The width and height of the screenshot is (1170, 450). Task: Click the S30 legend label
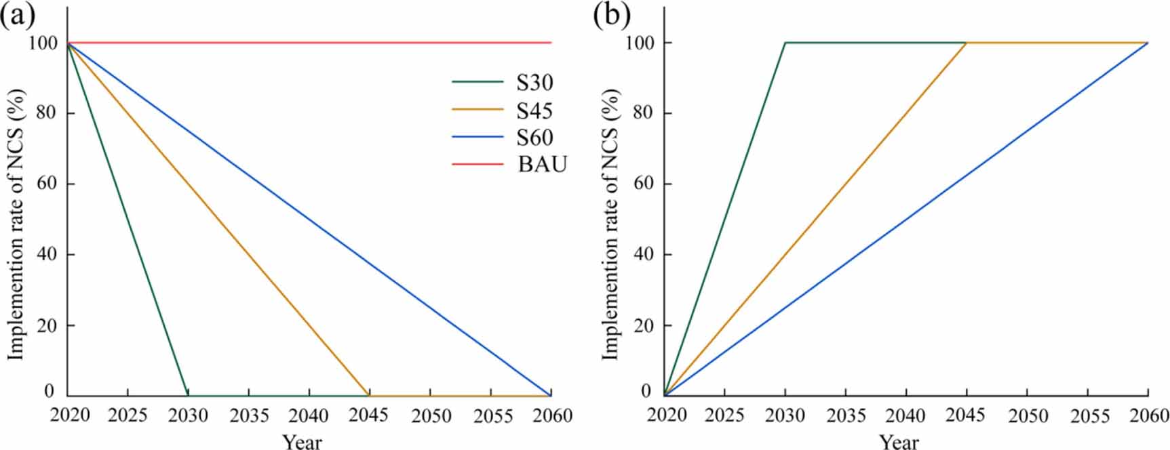(x=534, y=83)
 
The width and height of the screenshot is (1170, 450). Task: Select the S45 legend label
(x=534, y=110)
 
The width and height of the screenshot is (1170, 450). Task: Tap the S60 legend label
(x=534, y=138)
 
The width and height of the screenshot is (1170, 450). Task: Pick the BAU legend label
(x=542, y=165)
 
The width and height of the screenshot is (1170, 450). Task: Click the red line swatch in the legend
(x=478, y=165)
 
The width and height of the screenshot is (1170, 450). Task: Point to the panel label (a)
(x=17, y=15)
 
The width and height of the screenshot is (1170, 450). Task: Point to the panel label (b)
(x=610, y=15)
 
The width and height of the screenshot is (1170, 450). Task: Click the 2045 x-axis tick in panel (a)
(x=369, y=414)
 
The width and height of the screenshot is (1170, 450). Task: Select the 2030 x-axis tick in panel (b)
(x=785, y=414)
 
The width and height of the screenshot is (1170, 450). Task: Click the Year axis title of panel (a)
(x=303, y=441)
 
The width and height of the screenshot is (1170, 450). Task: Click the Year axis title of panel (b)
(x=899, y=441)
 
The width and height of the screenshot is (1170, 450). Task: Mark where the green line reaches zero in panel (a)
(x=188, y=395)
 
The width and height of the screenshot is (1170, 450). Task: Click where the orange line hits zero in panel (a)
(x=369, y=395)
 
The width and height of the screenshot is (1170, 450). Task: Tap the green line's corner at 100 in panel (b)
(x=785, y=43)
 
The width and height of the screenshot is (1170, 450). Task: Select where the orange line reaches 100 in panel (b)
(x=966, y=43)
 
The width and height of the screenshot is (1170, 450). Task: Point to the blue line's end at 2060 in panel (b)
(x=1147, y=43)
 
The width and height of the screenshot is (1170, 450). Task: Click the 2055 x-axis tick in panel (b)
(x=1087, y=414)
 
